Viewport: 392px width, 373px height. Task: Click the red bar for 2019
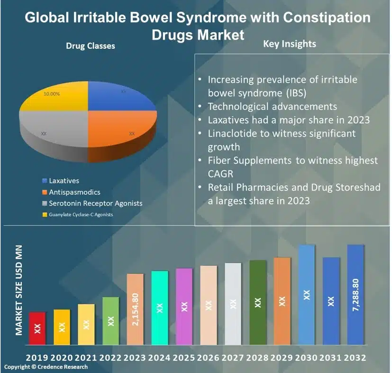point(37,328)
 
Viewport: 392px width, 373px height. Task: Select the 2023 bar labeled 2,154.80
point(136,309)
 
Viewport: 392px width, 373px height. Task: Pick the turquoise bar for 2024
point(160,308)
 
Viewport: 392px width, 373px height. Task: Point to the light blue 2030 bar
point(307,294)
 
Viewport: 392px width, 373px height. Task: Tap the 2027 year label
point(233,358)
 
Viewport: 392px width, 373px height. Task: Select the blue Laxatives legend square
point(45,181)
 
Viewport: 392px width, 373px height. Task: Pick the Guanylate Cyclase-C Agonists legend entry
point(81,215)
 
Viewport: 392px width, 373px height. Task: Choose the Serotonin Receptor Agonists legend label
point(95,203)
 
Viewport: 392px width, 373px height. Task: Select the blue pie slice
point(121,97)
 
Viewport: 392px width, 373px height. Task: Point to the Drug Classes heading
point(90,46)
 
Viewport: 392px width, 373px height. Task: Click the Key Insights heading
point(289,44)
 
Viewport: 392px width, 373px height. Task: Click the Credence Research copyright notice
point(46,367)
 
